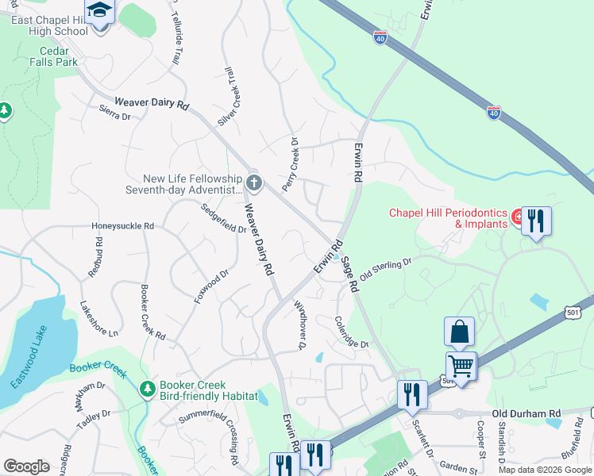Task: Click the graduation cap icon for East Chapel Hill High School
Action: (x=99, y=12)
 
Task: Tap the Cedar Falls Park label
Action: (x=54, y=56)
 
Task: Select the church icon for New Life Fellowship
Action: (x=253, y=184)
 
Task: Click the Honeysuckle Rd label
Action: (x=122, y=226)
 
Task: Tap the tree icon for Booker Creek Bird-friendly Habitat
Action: (x=146, y=389)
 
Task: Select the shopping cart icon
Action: (x=460, y=366)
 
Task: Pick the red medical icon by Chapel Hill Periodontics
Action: (x=517, y=216)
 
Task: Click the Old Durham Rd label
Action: (x=526, y=414)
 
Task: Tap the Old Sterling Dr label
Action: (x=387, y=269)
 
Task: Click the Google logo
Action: (x=26, y=466)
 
